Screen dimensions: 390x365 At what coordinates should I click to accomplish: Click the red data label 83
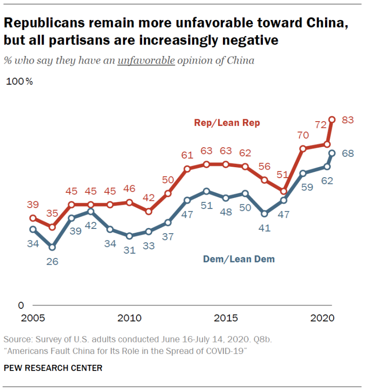click(x=348, y=120)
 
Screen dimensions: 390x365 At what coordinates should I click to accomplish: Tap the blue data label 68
click(x=348, y=153)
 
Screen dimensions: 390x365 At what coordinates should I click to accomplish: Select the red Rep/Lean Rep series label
click(x=227, y=123)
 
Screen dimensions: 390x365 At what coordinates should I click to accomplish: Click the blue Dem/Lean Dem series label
click(x=239, y=259)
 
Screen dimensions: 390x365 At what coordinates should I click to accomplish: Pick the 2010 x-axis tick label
click(x=129, y=317)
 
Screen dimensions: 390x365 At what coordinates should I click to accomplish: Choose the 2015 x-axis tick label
click(x=226, y=317)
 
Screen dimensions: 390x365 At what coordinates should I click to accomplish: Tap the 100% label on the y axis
click(x=19, y=81)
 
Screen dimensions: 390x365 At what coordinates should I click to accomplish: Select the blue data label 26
click(x=52, y=261)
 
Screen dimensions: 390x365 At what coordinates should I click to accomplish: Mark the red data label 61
click(x=187, y=155)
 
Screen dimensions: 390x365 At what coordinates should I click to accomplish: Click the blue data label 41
click(x=264, y=228)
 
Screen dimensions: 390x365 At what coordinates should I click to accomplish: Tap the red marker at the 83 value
click(x=332, y=120)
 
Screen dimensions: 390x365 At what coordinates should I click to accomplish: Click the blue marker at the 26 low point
click(x=52, y=247)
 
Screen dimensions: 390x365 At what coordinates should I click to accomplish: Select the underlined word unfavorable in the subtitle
click(x=146, y=60)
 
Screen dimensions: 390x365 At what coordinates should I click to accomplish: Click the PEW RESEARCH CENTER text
click(x=53, y=368)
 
